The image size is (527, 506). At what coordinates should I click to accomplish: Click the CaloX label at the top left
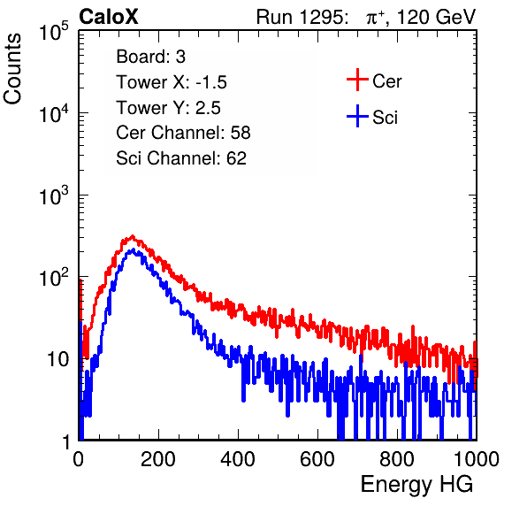[x=108, y=17]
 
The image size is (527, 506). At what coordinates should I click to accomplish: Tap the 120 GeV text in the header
[x=436, y=17]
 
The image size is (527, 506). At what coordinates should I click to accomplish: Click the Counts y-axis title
[x=12, y=69]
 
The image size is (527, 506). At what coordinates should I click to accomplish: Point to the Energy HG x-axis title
[x=416, y=484]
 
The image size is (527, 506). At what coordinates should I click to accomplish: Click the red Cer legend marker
[x=357, y=80]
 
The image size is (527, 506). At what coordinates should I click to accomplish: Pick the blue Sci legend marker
[x=357, y=117]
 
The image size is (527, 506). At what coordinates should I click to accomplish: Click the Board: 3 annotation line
[x=150, y=57]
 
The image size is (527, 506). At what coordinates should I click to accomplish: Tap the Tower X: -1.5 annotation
[x=172, y=82]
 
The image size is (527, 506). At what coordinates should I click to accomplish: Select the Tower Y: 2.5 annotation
[x=168, y=108]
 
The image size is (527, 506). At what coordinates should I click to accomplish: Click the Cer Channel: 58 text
[x=183, y=133]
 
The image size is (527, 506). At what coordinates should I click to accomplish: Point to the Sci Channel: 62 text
[x=181, y=158]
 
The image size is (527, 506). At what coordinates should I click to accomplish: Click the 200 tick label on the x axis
[x=158, y=459]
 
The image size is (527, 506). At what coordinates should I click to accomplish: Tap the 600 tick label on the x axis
[x=317, y=459]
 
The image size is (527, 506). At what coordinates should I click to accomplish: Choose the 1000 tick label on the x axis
[x=477, y=459]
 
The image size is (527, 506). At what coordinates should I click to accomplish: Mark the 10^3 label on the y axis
[x=54, y=195]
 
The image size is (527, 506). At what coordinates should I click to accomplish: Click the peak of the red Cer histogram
[x=133, y=236]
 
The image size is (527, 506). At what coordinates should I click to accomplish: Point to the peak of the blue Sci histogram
[x=134, y=249]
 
